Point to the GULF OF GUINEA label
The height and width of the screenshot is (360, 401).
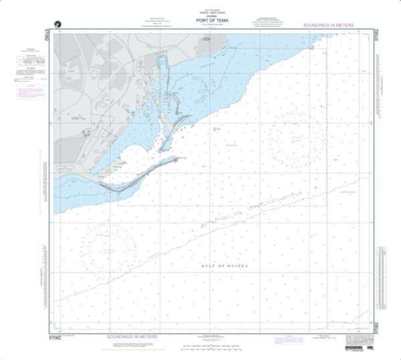coord(225,266)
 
